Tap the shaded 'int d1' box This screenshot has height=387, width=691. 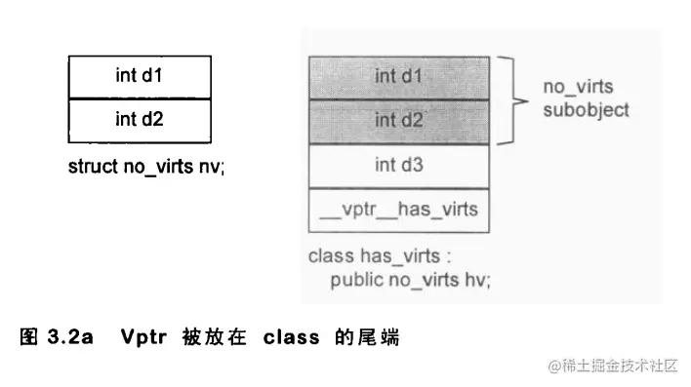coord(399,76)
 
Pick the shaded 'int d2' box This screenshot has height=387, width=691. coord(399,120)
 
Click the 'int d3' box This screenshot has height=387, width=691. coord(399,165)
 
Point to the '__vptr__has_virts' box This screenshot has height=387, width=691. coord(399,210)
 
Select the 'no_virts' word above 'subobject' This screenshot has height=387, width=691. coord(578,88)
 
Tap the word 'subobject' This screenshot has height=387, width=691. coord(586,109)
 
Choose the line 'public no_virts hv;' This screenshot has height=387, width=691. coord(410,280)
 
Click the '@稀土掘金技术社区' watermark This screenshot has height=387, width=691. coord(613,366)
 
